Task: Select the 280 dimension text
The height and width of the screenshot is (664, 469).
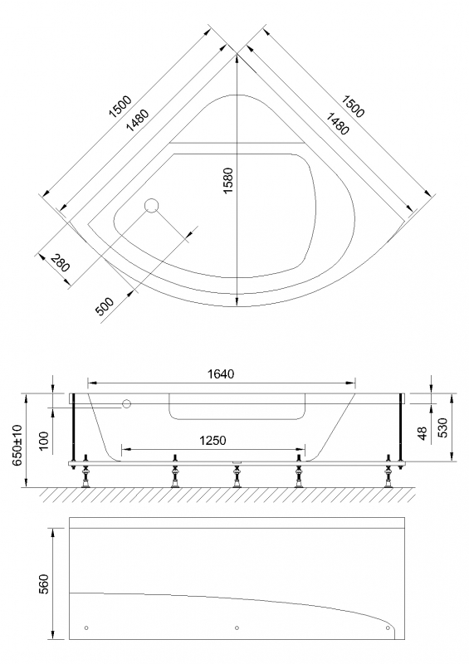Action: [60, 265]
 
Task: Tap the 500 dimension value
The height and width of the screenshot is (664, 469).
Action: [105, 305]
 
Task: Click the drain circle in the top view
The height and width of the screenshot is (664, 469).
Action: [151, 206]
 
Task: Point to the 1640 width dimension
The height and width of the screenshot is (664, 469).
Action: [221, 374]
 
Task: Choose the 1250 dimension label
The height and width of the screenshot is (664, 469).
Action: [213, 440]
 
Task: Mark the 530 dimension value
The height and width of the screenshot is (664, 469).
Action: [445, 428]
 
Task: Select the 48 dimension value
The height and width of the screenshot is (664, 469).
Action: [423, 433]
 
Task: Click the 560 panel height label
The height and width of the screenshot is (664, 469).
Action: [45, 584]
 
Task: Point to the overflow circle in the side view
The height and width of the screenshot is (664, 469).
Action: [127, 404]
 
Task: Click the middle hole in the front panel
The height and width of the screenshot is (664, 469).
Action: [237, 627]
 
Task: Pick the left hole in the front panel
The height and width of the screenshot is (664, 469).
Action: [87, 627]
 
